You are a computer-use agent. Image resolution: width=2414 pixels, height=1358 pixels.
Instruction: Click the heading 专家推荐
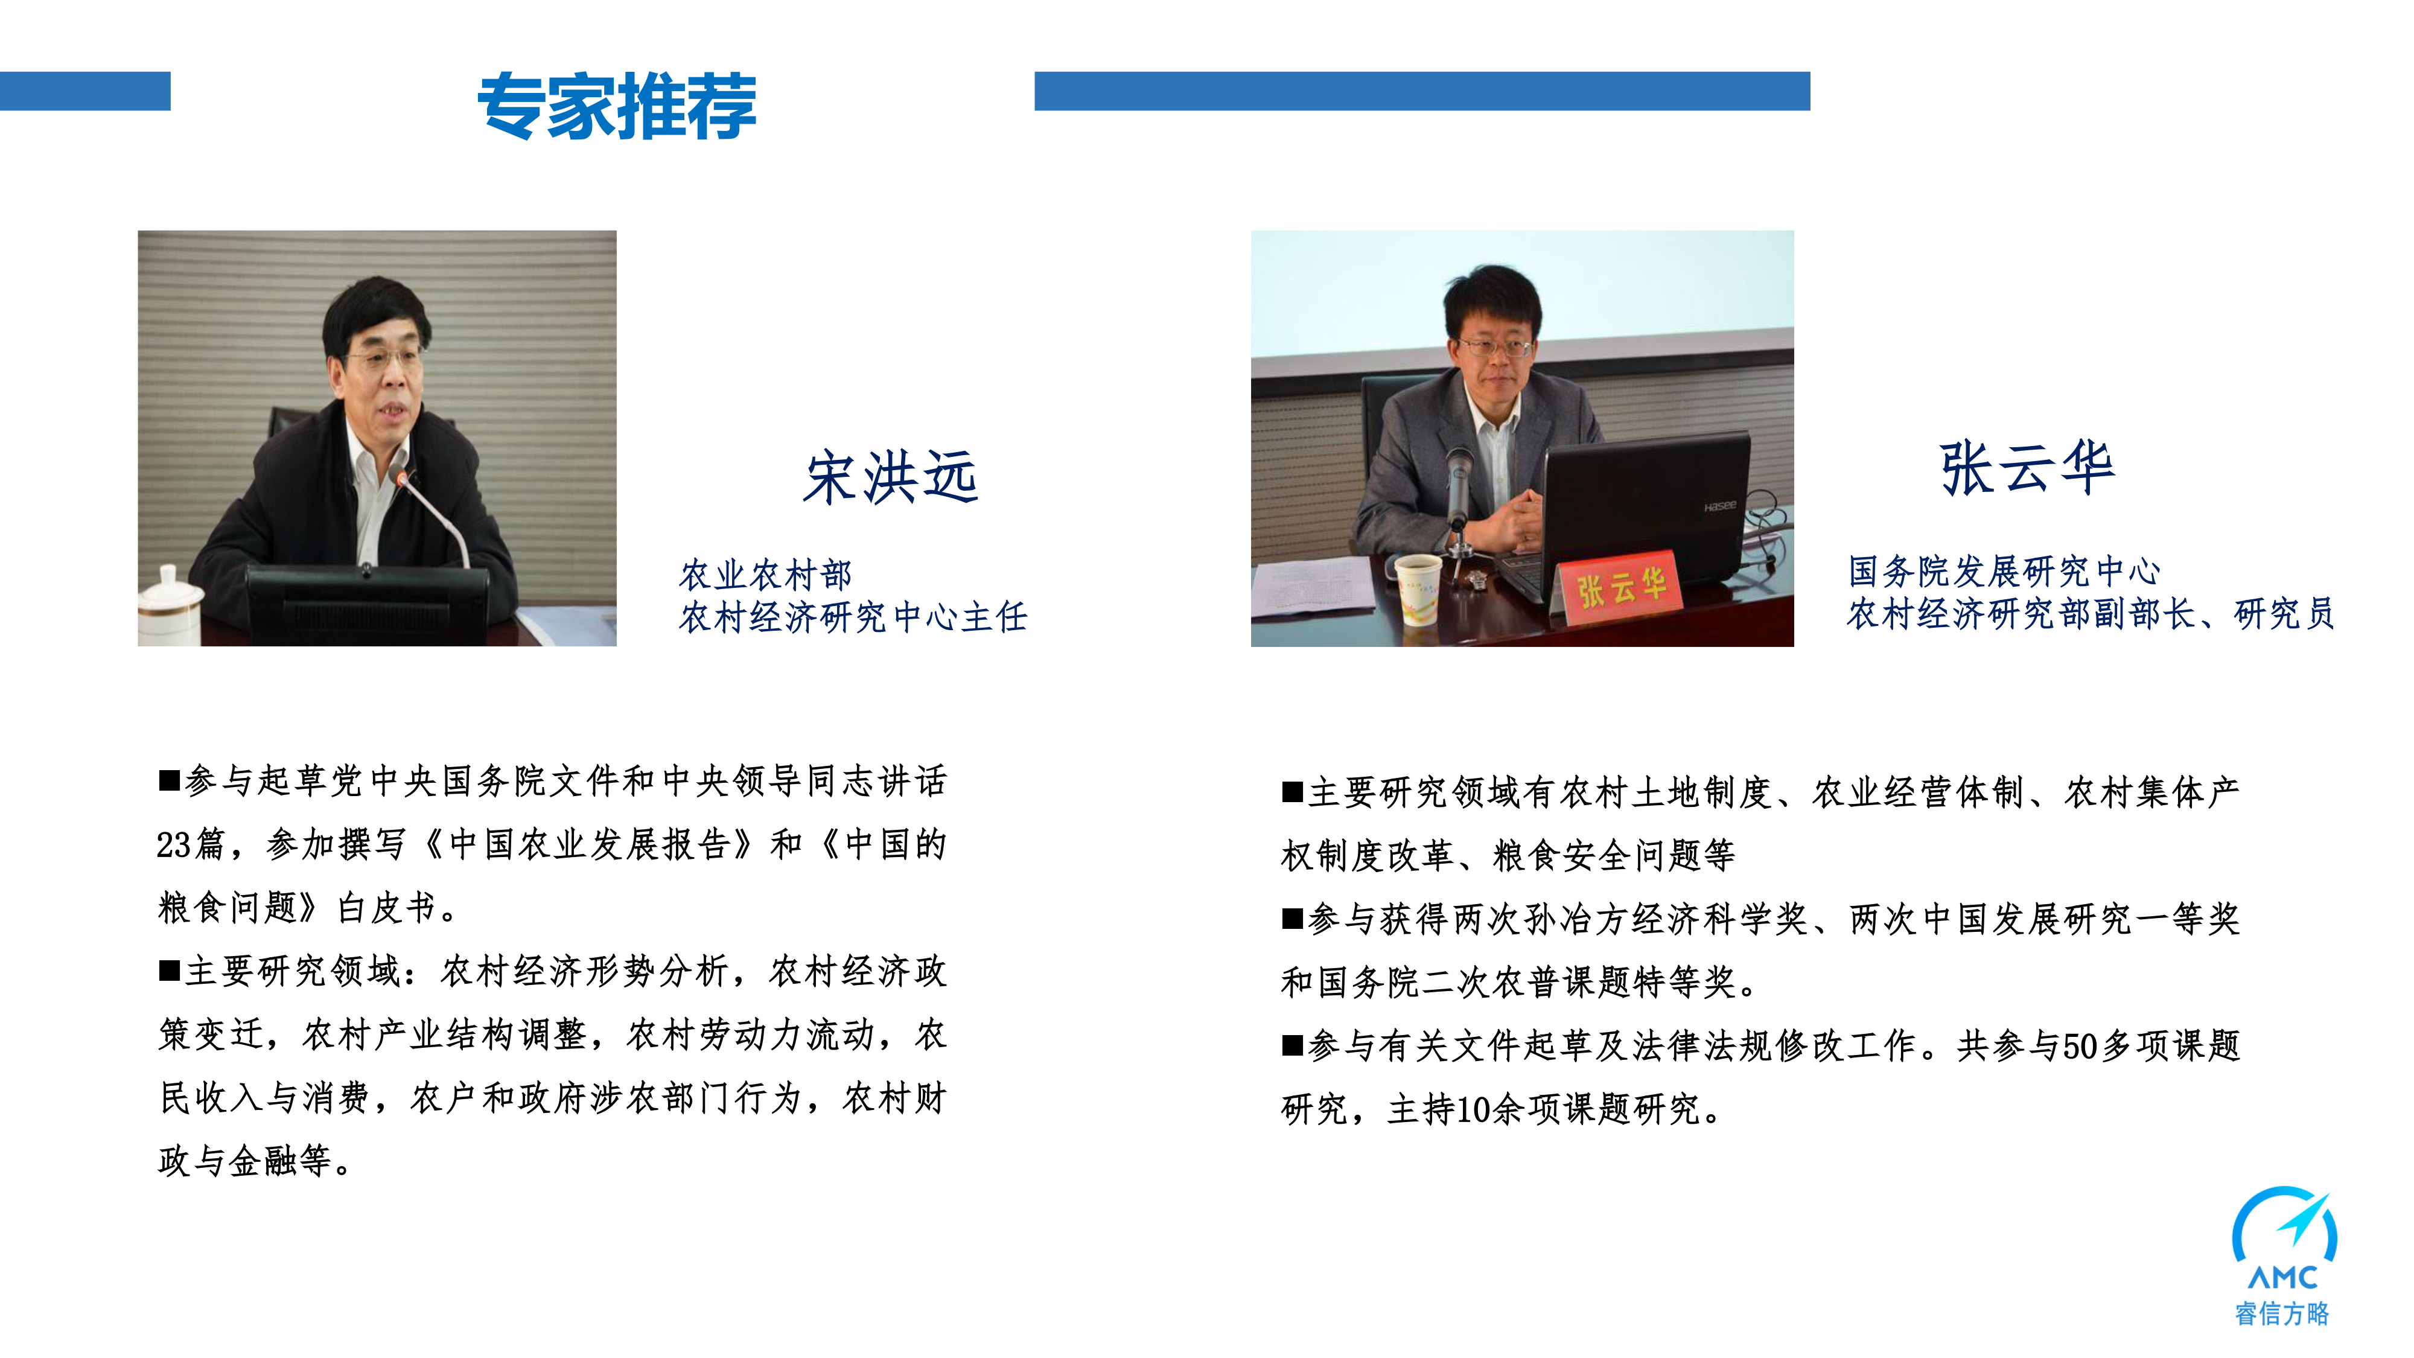[x=617, y=106]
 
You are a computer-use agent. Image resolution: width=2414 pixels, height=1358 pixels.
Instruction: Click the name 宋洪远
[x=891, y=477]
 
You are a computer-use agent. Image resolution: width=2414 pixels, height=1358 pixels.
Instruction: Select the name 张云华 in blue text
[x=2027, y=468]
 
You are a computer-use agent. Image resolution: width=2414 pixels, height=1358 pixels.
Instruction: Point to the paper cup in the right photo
[x=1418, y=590]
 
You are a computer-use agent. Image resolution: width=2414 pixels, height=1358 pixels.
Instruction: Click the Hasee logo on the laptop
[x=1719, y=506]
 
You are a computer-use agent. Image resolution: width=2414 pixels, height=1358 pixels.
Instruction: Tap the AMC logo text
[x=2283, y=1277]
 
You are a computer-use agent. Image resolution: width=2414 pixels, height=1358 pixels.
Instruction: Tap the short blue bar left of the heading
[x=85, y=91]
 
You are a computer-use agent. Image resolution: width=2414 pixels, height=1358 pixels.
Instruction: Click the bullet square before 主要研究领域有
[x=1293, y=792]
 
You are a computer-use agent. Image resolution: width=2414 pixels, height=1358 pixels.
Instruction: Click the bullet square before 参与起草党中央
[x=169, y=780]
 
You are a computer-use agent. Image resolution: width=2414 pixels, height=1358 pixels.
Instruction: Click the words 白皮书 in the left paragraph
[x=385, y=907]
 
